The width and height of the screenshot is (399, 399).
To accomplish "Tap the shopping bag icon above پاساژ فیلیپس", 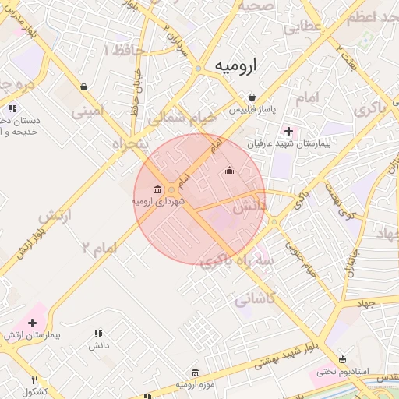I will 251,97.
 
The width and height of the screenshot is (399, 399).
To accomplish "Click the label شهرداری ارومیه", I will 158,202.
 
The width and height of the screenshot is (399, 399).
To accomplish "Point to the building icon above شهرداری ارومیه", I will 158,189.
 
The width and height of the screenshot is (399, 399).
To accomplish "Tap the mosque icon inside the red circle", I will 228,171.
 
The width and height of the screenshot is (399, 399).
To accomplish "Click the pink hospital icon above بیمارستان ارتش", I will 33,322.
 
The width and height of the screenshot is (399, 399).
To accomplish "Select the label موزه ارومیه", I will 194,384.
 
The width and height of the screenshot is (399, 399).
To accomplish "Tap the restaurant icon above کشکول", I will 34,380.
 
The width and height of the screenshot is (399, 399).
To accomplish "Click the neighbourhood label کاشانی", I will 254,297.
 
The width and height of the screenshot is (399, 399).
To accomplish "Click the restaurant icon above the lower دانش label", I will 98,333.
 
